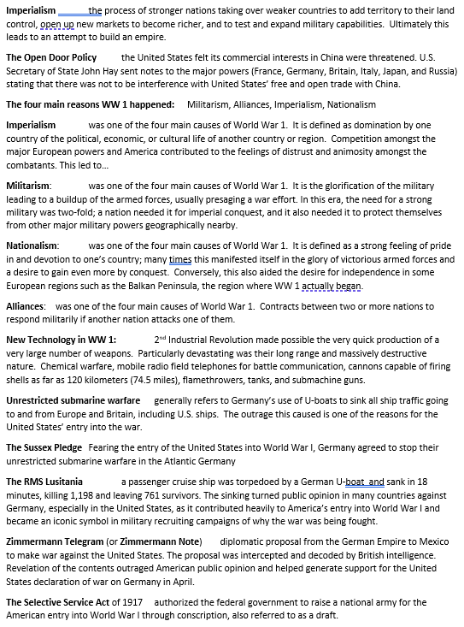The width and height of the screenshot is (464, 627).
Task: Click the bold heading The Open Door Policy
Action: (57, 58)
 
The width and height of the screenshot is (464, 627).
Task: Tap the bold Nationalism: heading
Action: (32, 245)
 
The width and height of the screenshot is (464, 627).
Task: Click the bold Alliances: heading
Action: (26, 306)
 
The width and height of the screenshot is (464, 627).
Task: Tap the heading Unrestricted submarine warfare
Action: (73, 400)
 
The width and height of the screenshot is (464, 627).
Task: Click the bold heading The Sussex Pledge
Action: (44, 447)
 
